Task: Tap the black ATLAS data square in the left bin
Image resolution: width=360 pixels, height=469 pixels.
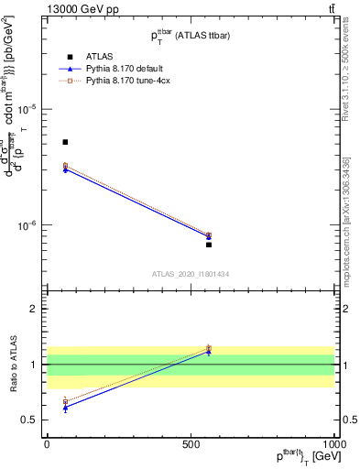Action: pyautogui.click(x=65, y=142)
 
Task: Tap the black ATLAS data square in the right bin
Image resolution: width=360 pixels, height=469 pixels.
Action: pyautogui.click(x=209, y=245)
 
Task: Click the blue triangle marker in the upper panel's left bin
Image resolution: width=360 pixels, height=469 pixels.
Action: pyautogui.click(x=65, y=169)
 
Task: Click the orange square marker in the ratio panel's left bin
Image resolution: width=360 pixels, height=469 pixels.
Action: pyautogui.click(x=65, y=401)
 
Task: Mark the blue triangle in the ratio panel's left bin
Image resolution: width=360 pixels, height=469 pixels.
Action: pyautogui.click(x=65, y=408)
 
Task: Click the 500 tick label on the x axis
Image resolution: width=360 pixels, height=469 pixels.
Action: pyautogui.click(x=191, y=442)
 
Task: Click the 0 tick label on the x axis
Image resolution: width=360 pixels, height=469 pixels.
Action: pyautogui.click(x=47, y=442)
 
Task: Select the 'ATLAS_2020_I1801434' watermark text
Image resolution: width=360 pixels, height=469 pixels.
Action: pyautogui.click(x=191, y=274)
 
